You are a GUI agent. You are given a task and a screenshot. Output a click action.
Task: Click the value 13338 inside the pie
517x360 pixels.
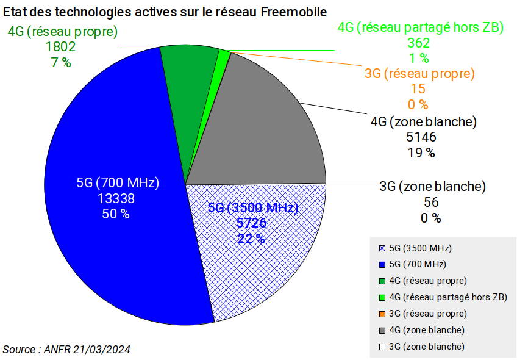116,199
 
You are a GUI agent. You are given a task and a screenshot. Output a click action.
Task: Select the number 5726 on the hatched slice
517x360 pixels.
252,223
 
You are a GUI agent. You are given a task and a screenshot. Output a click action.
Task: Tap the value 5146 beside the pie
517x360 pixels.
421,137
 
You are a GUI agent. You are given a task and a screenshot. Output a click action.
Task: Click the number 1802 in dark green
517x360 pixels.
61,46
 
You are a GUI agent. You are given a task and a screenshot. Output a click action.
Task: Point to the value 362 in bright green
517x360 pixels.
419,43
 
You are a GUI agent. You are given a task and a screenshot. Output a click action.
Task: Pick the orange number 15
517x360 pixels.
418,88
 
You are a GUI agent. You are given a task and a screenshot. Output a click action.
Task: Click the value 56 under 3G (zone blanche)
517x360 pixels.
431,203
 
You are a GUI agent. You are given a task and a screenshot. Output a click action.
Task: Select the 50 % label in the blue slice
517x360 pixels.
116,214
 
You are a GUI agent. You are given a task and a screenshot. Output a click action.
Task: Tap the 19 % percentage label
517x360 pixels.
421,153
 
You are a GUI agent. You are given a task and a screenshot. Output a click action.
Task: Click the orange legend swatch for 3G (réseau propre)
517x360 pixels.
382,314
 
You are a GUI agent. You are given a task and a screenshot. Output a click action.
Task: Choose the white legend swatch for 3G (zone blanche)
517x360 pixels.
382,347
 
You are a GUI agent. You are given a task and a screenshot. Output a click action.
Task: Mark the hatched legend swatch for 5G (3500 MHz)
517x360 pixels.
382,248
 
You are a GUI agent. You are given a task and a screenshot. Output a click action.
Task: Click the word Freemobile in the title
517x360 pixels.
294,12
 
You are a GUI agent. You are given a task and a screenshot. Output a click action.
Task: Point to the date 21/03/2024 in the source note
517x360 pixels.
102,350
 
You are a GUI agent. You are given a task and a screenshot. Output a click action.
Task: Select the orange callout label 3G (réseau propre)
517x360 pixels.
419,73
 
